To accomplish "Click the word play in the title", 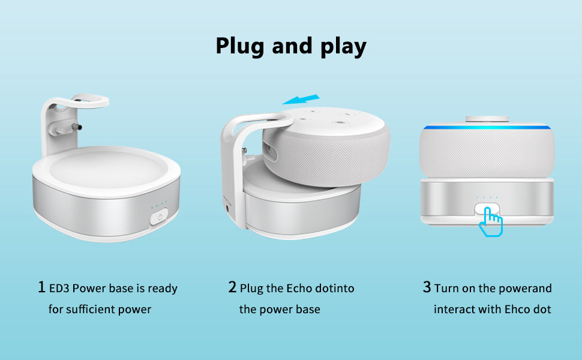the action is coord(343,47).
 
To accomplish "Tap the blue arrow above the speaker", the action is coord(301,99).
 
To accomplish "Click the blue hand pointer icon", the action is coord(490,221).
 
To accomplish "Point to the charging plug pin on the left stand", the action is coord(77,127).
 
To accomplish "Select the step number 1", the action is coord(41,287).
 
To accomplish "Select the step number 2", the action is coord(232,287).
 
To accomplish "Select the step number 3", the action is coord(427,287).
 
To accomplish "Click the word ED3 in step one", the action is coord(59,289).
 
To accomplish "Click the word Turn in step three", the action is coord(446,289).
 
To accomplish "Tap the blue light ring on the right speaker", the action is coord(487,127).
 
